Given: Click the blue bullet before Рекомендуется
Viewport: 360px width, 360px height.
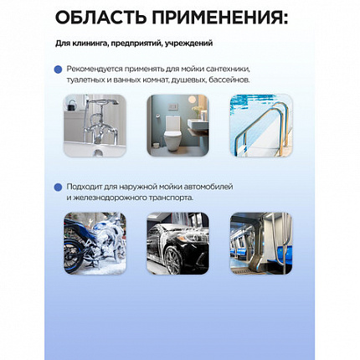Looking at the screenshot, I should coord(57,70).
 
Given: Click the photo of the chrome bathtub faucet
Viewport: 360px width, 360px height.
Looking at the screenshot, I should coord(95,126).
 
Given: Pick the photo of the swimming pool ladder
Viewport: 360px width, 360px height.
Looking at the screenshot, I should coord(261,126).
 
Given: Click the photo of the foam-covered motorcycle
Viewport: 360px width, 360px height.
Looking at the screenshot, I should coord(95,243).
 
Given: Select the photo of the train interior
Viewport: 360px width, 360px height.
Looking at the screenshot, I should coord(261,243).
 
